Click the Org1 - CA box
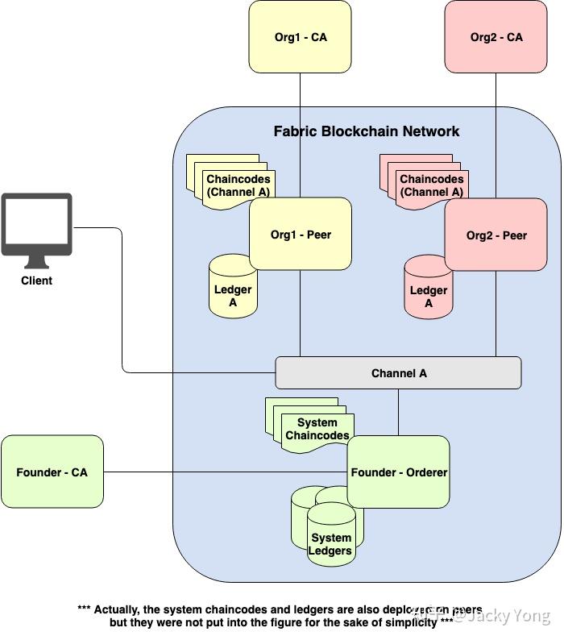[300, 37]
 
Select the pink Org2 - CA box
[496, 37]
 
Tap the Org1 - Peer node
[300, 235]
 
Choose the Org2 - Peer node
[496, 235]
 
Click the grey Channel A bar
[398, 373]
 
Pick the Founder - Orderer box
[398, 472]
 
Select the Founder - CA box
[52, 472]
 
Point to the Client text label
[36, 281]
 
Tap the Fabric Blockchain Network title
[367, 131]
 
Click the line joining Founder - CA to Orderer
[226, 472]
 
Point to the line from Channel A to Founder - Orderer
[398, 412]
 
